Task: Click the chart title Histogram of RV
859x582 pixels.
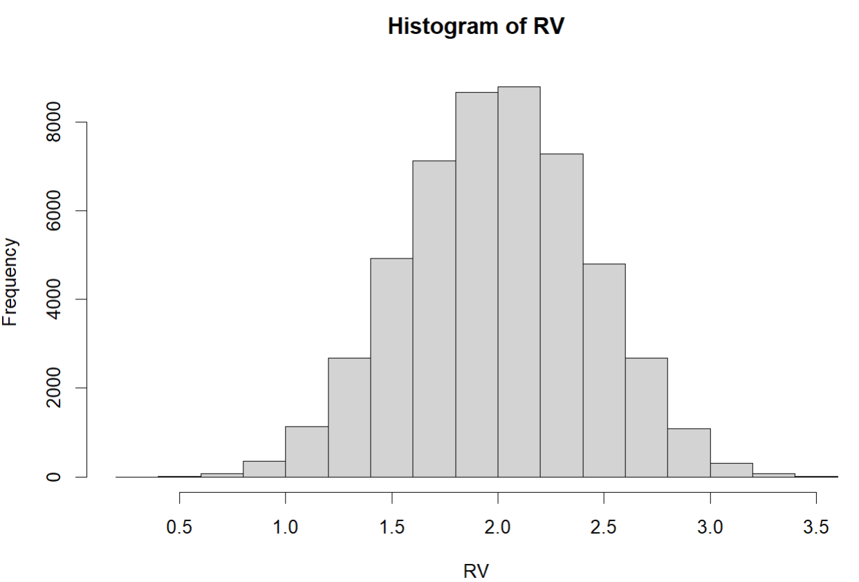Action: pyautogui.click(x=476, y=26)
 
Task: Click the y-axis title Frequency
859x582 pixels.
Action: pyautogui.click(x=10, y=282)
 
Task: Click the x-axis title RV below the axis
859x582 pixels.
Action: pyautogui.click(x=476, y=571)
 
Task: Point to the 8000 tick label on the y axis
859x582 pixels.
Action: pyautogui.click(x=53, y=122)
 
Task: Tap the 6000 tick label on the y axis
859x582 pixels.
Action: pyautogui.click(x=53, y=210)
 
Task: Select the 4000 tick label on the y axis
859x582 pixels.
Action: pyautogui.click(x=53, y=299)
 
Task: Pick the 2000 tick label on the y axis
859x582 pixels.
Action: pyautogui.click(x=53, y=387)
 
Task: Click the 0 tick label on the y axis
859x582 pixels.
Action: pyautogui.click(x=53, y=477)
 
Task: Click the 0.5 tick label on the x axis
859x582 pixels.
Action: pyautogui.click(x=179, y=527)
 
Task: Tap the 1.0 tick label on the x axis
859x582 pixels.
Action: pyautogui.click(x=286, y=527)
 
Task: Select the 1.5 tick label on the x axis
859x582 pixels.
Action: pyautogui.click(x=391, y=527)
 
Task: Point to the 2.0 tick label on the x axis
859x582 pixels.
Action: pyautogui.click(x=498, y=527)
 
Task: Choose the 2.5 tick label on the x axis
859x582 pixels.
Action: pyautogui.click(x=604, y=527)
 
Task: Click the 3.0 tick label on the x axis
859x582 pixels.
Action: pyautogui.click(x=710, y=527)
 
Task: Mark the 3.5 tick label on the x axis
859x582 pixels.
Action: pyautogui.click(x=816, y=527)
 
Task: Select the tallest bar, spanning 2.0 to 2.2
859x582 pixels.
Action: pyautogui.click(x=519, y=282)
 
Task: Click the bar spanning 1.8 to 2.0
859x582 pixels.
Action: pyautogui.click(x=477, y=285)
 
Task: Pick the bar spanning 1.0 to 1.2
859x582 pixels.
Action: pyautogui.click(x=307, y=452)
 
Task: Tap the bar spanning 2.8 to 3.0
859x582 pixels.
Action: pyautogui.click(x=689, y=453)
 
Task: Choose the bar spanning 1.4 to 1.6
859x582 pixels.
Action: pyautogui.click(x=391, y=368)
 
